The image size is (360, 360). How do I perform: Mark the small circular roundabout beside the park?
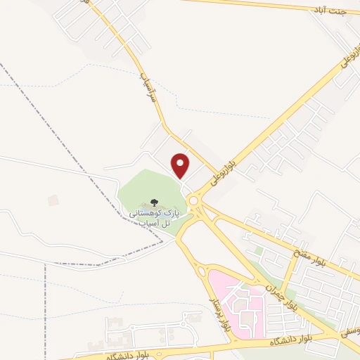(x=193, y=200)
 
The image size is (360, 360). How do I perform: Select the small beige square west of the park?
(x=53, y=201)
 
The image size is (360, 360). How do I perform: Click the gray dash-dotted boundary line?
(x=42, y=113)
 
